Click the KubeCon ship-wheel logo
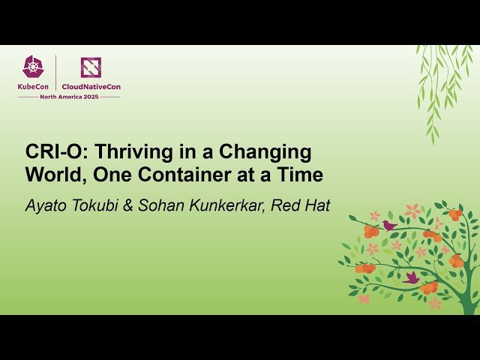click(33, 67)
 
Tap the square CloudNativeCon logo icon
click(91, 67)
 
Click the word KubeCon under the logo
click(33, 87)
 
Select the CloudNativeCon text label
click(91, 87)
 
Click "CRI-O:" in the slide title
click(52, 152)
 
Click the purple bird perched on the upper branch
click(389, 224)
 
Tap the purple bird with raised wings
click(412, 277)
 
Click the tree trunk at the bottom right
click(471, 296)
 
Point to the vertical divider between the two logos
click(56, 73)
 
